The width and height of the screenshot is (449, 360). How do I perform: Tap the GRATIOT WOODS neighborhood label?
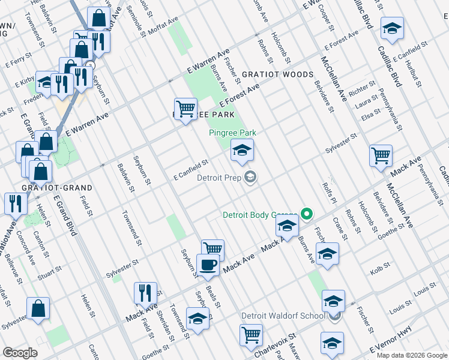click(277, 74)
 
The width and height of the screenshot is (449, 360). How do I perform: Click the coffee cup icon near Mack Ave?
click(208, 265)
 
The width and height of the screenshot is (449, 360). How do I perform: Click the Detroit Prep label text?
click(219, 178)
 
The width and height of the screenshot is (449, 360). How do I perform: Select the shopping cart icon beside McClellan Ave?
click(381, 156)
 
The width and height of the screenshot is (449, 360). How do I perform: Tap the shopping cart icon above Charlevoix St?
click(251, 334)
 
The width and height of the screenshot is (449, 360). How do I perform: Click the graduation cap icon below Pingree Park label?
click(242, 150)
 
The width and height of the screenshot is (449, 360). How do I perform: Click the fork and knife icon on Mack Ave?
click(145, 293)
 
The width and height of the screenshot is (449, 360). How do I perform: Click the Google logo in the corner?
click(20, 353)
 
